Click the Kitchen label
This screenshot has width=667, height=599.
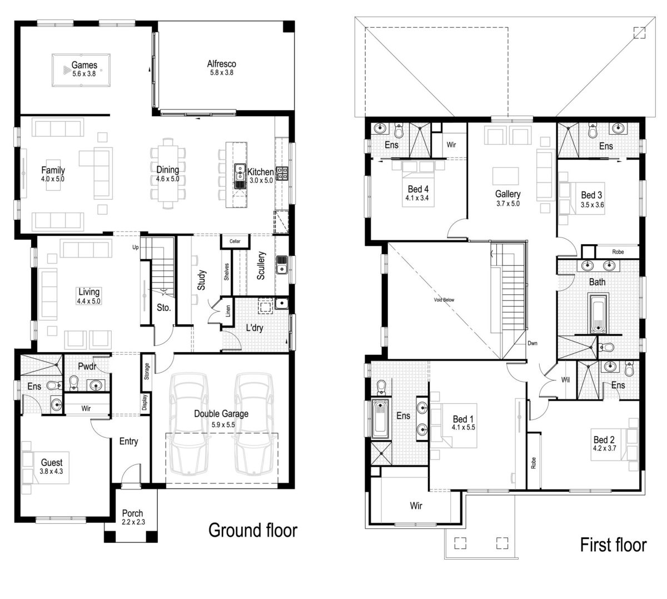tap(260, 172)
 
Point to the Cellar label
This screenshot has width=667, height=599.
tap(235, 241)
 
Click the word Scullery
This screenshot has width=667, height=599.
tap(261, 265)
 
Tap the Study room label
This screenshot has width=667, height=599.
tap(202, 280)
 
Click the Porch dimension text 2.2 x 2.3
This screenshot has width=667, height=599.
tap(133, 522)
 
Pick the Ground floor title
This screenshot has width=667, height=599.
tap(253, 531)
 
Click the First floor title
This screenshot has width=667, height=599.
tap(614, 544)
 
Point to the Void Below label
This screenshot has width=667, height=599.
tap(444, 300)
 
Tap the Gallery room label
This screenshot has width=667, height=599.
tap(508, 194)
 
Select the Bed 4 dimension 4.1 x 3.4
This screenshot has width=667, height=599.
tap(418, 198)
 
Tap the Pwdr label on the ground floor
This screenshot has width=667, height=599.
tap(88, 367)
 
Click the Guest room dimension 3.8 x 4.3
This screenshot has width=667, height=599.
tap(52, 471)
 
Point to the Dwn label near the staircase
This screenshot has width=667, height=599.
tap(532, 343)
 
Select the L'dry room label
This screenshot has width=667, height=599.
tap(255, 328)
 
